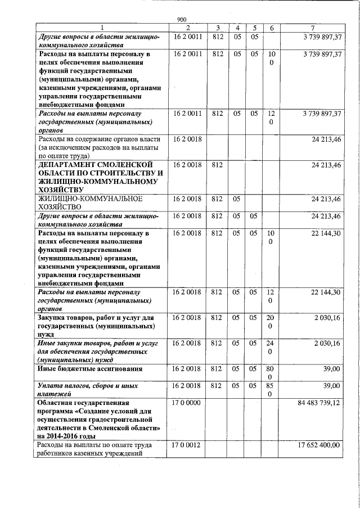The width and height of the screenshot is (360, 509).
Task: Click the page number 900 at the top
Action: pyautogui.click(x=182, y=20)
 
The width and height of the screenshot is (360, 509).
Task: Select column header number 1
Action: pyautogui.click(x=102, y=28)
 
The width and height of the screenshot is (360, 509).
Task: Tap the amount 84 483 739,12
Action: pyautogui.click(x=319, y=403)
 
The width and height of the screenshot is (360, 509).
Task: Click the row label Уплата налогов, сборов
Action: pyautogui.click(x=79, y=386)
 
